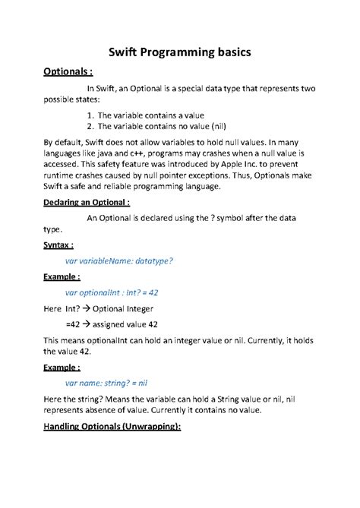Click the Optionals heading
[68, 73]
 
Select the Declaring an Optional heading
[86, 203]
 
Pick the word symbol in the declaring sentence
[241, 217]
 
